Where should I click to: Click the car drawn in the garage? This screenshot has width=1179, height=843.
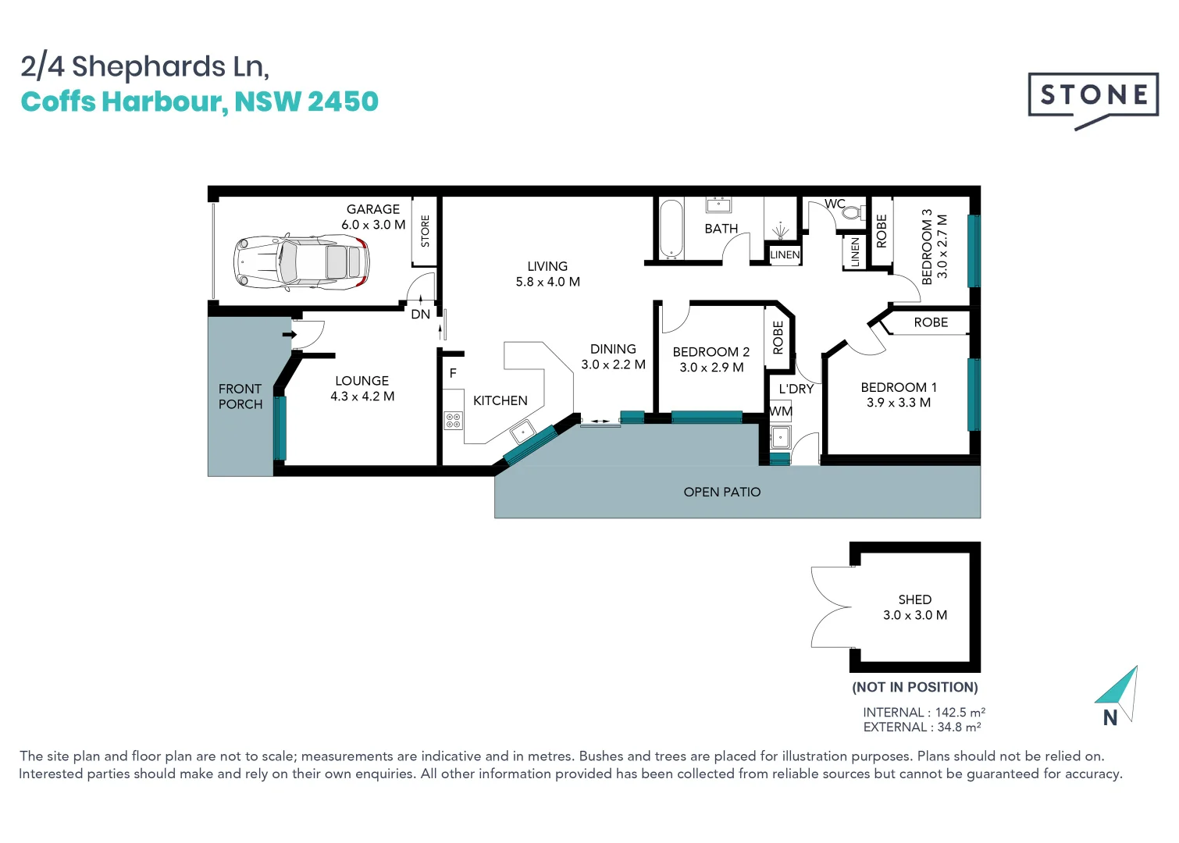point(301,262)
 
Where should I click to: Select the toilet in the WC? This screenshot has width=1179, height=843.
point(851,212)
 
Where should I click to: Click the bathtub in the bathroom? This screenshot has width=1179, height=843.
point(671,229)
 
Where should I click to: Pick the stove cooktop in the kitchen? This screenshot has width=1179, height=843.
point(453,421)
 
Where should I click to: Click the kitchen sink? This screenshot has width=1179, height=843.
point(522,432)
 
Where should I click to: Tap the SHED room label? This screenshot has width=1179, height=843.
point(915,599)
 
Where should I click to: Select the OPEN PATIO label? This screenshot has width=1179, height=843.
point(722,492)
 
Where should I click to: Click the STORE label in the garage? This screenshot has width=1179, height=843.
point(426,231)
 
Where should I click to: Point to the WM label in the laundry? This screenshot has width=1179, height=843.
point(781,411)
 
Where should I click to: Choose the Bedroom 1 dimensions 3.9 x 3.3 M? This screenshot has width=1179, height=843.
point(899,403)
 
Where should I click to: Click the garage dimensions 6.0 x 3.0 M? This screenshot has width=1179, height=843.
point(373,225)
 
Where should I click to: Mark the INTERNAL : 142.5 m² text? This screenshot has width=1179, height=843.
point(924,712)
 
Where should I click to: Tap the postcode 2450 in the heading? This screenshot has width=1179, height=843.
point(344,101)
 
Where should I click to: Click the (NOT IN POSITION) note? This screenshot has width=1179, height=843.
point(915,687)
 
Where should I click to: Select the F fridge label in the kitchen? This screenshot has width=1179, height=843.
point(453,374)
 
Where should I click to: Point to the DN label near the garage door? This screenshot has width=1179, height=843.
point(421,314)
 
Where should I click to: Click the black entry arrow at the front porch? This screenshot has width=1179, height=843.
point(290,334)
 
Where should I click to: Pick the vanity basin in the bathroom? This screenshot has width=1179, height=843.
point(718,205)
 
